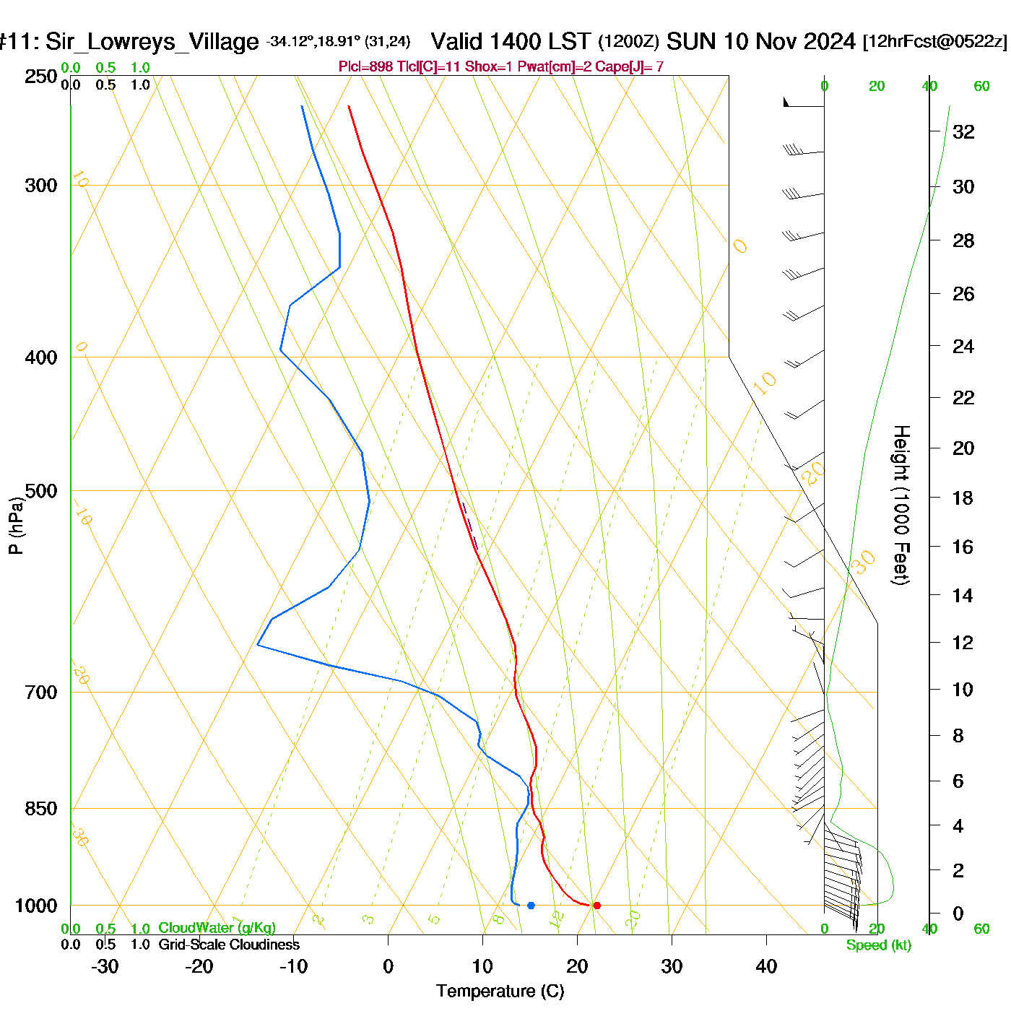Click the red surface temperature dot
[x=596, y=906]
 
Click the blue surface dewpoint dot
[x=531, y=906]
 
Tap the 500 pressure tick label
[x=41, y=491]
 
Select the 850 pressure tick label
[x=41, y=809]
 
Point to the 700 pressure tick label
[x=41, y=692]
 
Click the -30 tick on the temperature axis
[x=105, y=966]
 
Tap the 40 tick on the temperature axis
[x=766, y=966]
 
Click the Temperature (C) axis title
[x=500, y=992]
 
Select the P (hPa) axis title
[x=16, y=525]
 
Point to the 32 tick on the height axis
[x=963, y=131]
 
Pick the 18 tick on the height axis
[x=963, y=498]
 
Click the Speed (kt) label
[x=879, y=945]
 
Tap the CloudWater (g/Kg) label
[x=217, y=928]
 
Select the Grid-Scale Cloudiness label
[x=229, y=945]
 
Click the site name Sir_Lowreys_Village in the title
[x=152, y=42]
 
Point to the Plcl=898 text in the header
[x=365, y=67]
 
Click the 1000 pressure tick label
[x=37, y=906]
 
